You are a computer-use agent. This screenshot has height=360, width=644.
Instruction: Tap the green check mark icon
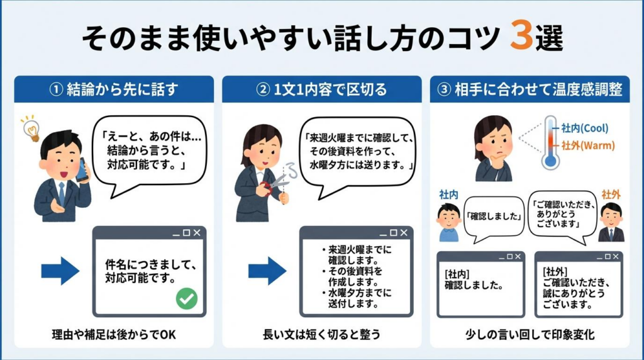coord(186,298)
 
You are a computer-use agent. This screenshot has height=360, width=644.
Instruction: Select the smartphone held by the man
coord(82,169)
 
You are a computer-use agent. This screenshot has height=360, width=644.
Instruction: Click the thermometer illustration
coord(551,141)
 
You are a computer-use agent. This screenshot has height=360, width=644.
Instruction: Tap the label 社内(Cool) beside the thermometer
coord(585,128)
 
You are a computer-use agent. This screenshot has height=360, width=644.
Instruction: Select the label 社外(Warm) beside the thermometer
coord(588,145)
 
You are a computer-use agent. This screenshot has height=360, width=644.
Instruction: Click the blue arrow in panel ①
coord(60,271)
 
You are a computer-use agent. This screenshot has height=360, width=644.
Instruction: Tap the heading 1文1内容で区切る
coord(321,89)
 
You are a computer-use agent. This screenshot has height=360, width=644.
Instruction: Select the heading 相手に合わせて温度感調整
coord(530,89)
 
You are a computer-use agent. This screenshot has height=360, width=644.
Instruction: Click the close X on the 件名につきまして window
coord(197,233)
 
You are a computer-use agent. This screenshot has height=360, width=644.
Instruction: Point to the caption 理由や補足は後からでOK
coord(114,334)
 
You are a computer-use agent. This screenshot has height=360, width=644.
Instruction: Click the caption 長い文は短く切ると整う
coord(321,334)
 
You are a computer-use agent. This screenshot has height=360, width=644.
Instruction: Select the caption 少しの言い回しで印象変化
coord(530,334)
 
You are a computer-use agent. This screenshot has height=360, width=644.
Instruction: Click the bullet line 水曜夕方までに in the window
coord(360,293)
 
